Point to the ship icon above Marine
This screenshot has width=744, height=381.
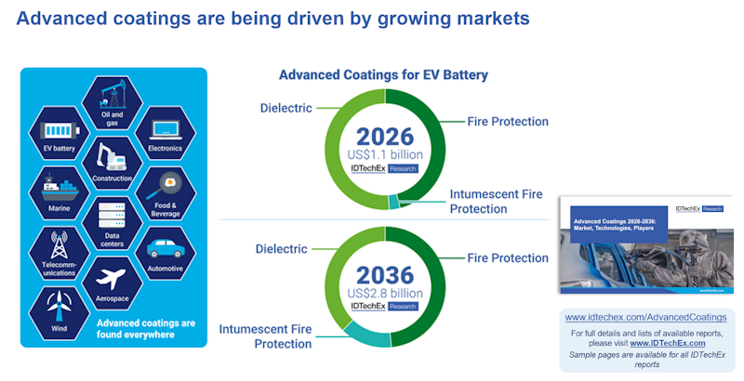[x=59, y=187]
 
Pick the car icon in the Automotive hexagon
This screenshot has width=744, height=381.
[x=165, y=248]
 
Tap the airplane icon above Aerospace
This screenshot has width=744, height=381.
[x=112, y=277]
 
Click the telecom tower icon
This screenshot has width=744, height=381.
[x=59, y=243]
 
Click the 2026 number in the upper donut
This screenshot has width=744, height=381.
[x=385, y=137]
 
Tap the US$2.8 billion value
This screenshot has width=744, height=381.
[x=385, y=293]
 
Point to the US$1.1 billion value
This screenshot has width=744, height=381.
[x=385, y=154]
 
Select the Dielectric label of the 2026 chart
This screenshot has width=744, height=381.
[x=286, y=108]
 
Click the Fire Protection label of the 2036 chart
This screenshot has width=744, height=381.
[x=507, y=257]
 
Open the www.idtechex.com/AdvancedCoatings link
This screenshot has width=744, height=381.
[x=645, y=317]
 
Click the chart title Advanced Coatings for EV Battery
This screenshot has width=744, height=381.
[x=383, y=74]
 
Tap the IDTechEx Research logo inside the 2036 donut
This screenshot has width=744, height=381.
[x=385, y=306]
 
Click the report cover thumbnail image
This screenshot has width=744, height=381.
[x=646, y=244]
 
